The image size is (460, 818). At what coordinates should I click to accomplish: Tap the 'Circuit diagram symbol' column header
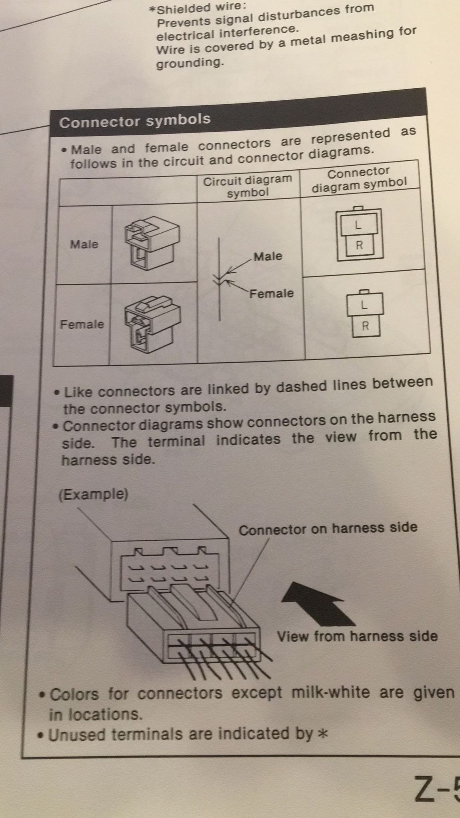pyautogui.click(x=248, y=186)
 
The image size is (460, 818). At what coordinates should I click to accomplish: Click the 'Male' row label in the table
pyautogui.click(x=84, y=244)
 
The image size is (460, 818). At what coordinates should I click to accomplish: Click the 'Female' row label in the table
pyautogui.click(x=82, y=324)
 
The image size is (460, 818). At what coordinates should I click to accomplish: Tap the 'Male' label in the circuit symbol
pyautogui.click(x=268, y=256)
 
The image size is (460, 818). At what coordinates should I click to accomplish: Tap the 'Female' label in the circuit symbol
pyautogui.click(x=272, y=293)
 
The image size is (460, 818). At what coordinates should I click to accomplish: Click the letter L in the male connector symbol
pyautogui.click(x=358, y=225)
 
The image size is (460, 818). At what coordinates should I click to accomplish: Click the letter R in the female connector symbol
pyautogui.click(x=365, y=326)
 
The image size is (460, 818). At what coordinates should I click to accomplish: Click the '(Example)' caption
pyautogui.click(x=93, y=494)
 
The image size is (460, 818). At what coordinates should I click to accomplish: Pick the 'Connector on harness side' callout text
pyautogui.click(x=328, y=528)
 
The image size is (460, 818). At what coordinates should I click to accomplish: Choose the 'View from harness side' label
pyautogui.click(x=357, y=636)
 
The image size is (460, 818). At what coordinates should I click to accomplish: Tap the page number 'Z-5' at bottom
pyautogui.click(x=437, y=790)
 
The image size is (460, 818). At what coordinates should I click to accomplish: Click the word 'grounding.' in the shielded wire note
pyautogui.click(x=190, y=63)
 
